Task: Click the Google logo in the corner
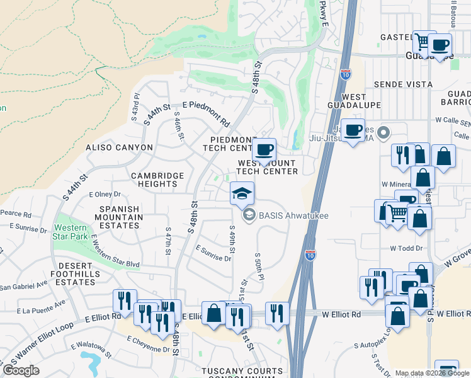pyautogui.click(x=21, y=370)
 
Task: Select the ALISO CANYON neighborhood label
pyautogui.click(x=119, y=147)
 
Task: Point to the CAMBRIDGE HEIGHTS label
pyautogui.click(x=157, y=180)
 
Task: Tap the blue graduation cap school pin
pyautogui.click(x=241, y=193)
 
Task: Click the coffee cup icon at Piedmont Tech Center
pyautogui.click(x=264, y=150)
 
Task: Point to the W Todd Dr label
pyautogui.click(x=405, y=248)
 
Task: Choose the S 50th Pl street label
pyautogui.click(x=258, y=267)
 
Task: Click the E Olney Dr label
pyautogui.click(x=104, y=195)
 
